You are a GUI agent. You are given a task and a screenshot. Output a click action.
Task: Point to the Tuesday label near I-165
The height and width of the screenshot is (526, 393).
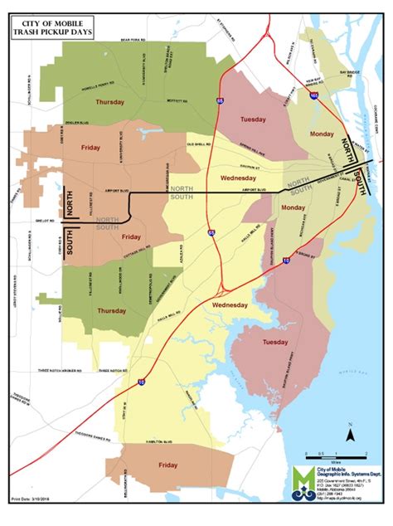click(x=253, y=119)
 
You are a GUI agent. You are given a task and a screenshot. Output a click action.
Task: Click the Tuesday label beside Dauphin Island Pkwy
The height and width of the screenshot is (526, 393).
click(x=274, y=343)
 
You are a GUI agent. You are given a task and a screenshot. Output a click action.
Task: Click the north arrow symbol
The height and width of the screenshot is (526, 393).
click(x=352, y=432)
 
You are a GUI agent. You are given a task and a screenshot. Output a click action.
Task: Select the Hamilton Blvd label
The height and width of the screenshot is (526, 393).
click(x=163, y=442)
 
